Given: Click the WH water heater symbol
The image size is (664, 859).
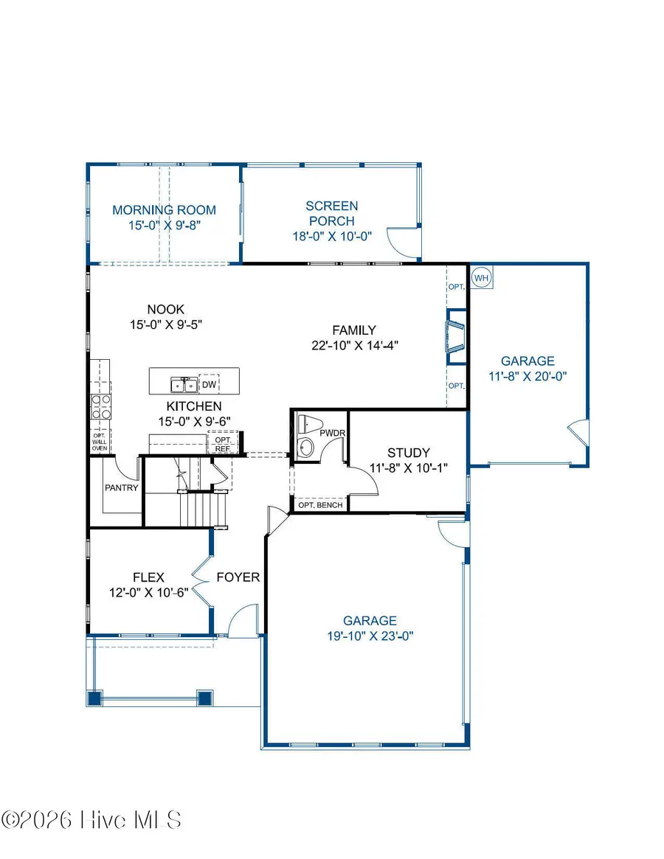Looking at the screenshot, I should click(482, 278).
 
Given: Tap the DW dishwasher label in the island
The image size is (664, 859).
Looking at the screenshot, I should click(209, 384).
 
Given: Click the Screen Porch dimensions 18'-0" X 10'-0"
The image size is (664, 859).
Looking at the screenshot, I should click(332, 237).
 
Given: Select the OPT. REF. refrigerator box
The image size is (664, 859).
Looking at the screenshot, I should click(222, 444).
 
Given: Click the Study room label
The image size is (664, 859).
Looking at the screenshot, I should click(408, 453).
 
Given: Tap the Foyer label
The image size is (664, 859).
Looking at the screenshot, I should click(238, 577).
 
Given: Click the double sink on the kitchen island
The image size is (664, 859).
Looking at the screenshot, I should click(183, 384).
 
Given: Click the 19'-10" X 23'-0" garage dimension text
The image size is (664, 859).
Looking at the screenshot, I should click(369, 636).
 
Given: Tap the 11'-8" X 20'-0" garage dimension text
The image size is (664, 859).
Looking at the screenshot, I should click(528, 375).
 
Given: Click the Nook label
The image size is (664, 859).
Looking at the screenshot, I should click(165, 310).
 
